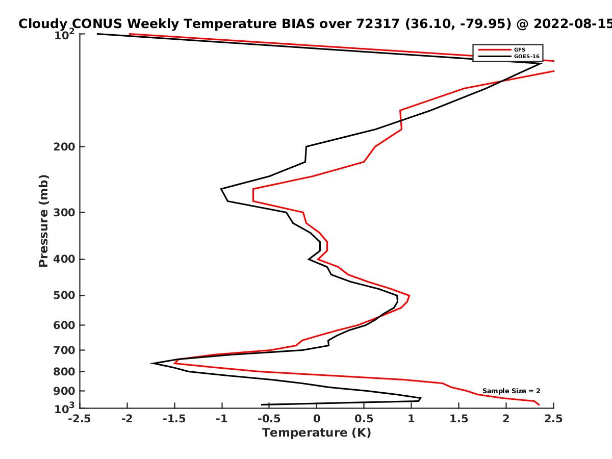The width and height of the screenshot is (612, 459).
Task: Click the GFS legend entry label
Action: tap(519, 50)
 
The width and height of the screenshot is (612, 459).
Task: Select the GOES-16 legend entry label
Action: tap(527, 57)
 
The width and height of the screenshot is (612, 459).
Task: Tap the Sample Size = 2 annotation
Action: tap(512, 391)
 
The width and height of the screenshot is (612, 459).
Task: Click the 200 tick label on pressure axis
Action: tap(64, 147)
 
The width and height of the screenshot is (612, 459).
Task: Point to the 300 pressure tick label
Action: tap(64, 213)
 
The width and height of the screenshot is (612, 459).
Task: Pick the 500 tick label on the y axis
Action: tap(64, 295)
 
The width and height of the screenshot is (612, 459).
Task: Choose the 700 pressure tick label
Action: tap(64, 350)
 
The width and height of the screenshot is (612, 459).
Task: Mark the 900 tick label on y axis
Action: tap(64, 391)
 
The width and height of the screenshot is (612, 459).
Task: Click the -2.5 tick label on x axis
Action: tap(80, 419)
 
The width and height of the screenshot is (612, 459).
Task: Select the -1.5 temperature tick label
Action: tap(174, 419)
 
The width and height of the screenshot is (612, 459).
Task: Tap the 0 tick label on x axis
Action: tap(317, 419)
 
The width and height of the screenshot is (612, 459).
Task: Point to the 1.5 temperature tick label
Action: tap(459, 419)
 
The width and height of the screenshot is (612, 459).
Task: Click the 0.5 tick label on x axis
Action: tap(364, 419)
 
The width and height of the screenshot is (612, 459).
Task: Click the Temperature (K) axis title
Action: tap(317, 433)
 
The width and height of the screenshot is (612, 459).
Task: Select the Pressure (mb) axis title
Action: tap(43, 221)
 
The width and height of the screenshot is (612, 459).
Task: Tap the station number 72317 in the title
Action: tap(378, 24)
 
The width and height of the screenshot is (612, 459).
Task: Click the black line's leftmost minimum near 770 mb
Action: tap(151, 363)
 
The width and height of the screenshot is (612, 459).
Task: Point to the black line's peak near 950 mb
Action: tap(420, 398)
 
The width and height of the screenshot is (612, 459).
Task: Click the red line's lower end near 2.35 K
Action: tap(539, 404)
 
